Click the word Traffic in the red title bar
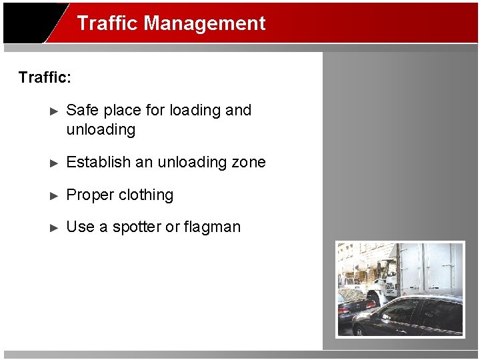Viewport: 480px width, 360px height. point(107,23)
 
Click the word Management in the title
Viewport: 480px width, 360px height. point(205,23)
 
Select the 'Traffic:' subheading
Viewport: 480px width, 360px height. point(45,77)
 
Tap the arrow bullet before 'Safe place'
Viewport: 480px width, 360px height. point(55,111)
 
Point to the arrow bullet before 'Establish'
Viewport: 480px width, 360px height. point(55,163)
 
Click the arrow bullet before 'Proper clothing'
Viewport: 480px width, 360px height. point(55,195)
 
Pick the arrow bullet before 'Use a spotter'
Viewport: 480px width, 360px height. point(55,227)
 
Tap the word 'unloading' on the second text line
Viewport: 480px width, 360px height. point(101,129)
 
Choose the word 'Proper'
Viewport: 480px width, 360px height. point(90,195)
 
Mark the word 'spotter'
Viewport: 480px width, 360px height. point(137,227)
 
